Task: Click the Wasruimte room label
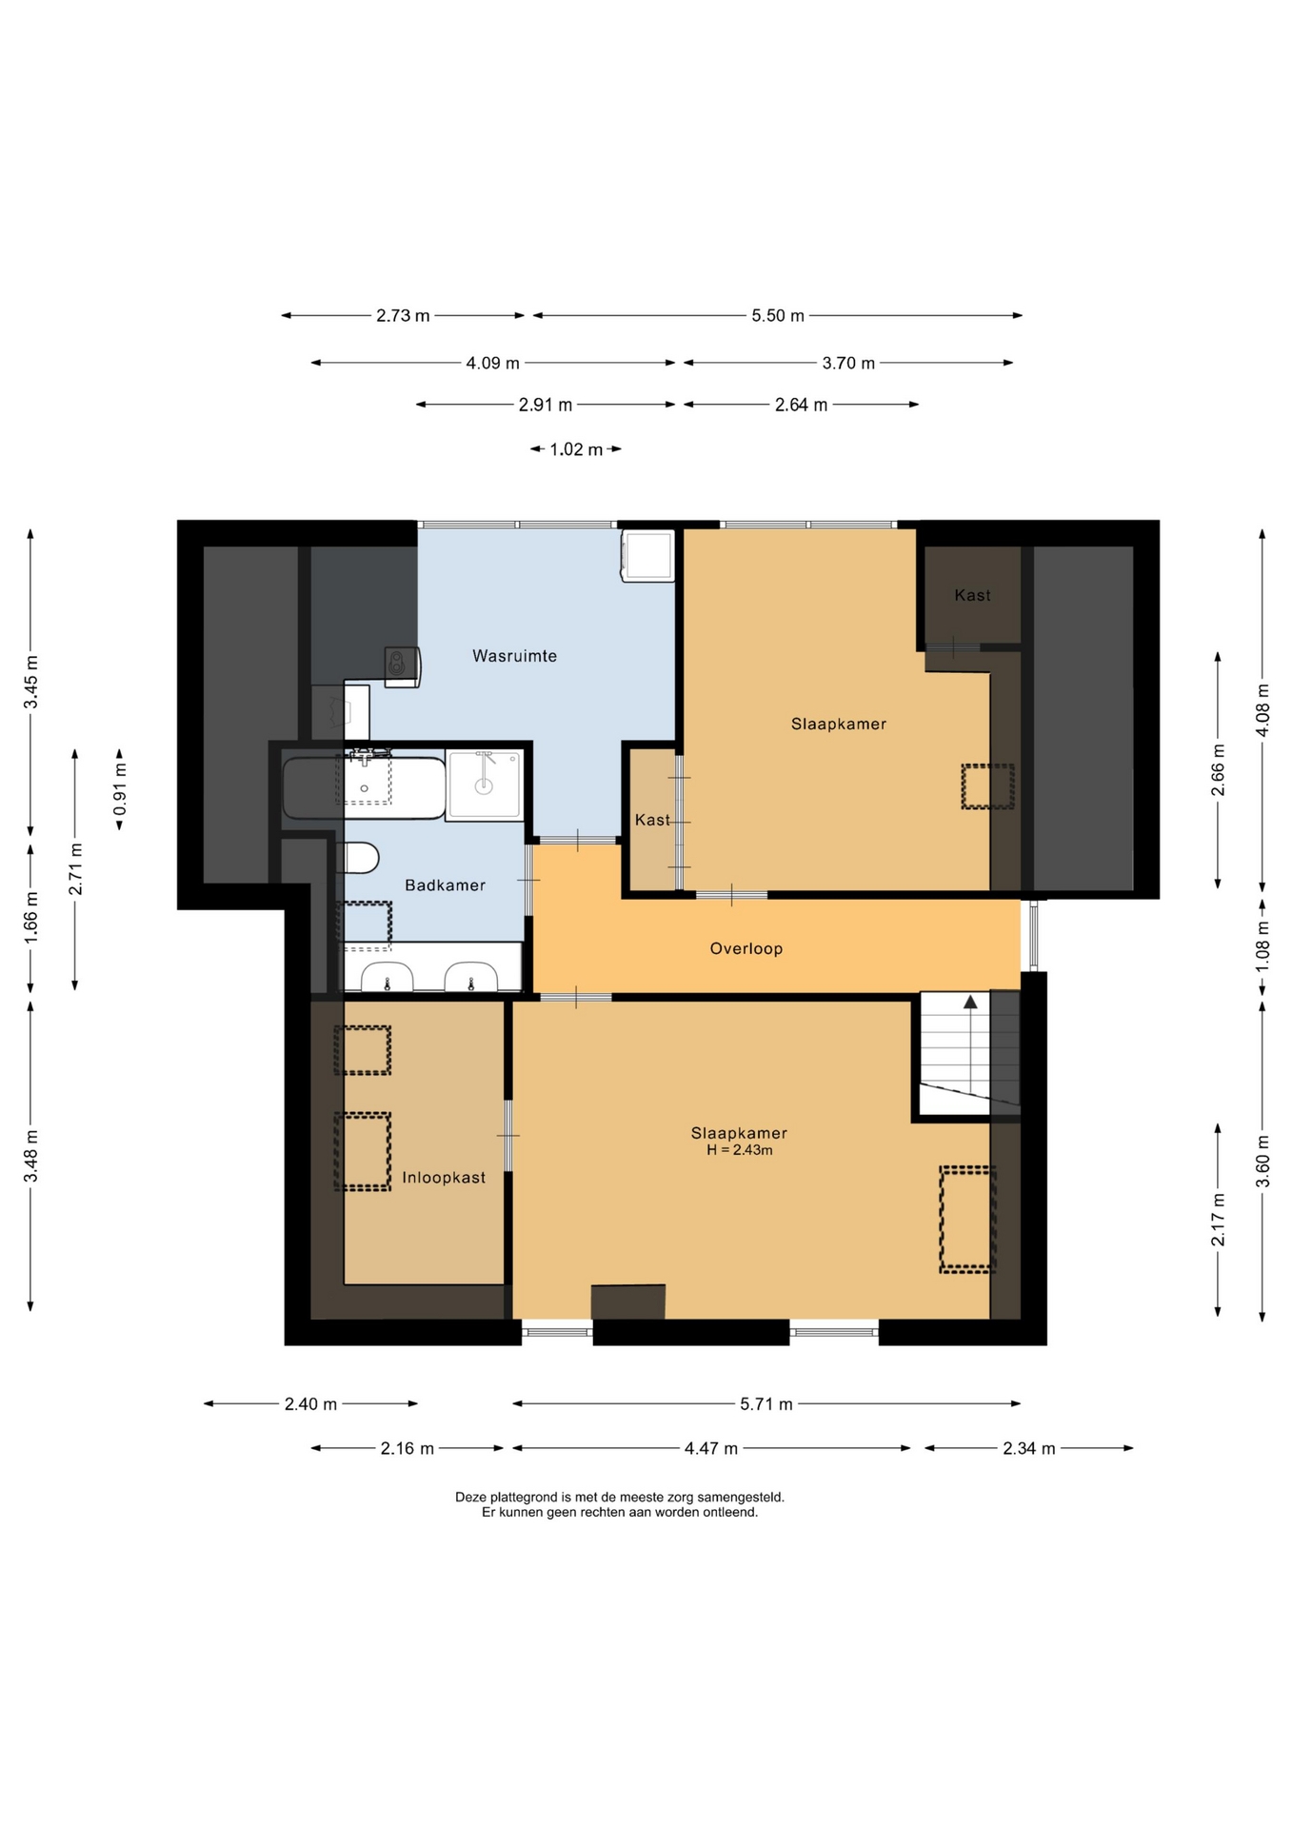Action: [514, 656]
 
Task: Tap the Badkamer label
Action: [445, 885]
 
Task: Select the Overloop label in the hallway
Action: [746, 948]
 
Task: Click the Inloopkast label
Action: [444, 1178]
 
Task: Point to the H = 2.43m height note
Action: [740, 1150]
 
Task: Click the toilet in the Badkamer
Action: [357, 858]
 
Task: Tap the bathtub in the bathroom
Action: [365, 787]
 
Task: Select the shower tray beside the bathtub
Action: [485, 785]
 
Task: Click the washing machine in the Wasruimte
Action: [648, 555]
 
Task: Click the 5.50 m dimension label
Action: [778, 316]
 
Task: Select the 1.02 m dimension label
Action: [576, 449]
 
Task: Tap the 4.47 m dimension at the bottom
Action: [711, 1448]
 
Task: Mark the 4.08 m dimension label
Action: [1263, 710]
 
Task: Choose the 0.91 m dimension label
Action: [120, 790]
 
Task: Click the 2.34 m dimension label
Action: [1029, 1448]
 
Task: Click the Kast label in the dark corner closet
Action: [972, 595]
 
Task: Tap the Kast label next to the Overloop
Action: [652, 820]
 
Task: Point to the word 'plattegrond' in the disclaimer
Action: [522, 1497]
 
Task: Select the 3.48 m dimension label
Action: [31, 1156]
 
